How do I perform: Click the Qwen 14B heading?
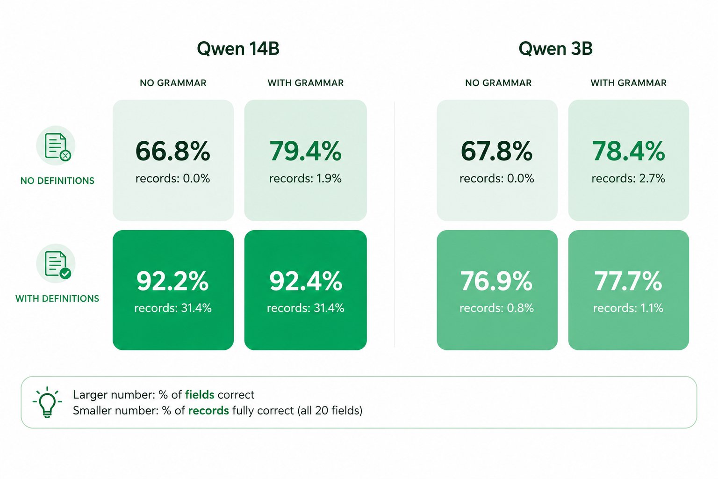[238, 49]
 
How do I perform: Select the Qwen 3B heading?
[555, 49]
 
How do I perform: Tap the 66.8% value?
[173, 151]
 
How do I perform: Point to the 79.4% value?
[305, 151]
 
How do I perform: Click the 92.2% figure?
[173, 281]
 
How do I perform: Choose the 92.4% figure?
[305, 281]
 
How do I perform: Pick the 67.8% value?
[497, 151]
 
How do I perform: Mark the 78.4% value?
[628, 151]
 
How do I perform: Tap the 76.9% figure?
[497, 281]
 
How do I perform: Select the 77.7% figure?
[628, 281]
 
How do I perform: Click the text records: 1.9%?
[305, 178]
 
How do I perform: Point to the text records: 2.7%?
[628, 178]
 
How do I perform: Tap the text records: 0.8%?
[497, 308]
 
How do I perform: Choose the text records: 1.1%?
[628, 308]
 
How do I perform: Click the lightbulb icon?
[47, 402]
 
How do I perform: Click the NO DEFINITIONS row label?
[57, 181]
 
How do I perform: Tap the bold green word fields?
[200, 394]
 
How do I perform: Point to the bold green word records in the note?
[208, 411]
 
